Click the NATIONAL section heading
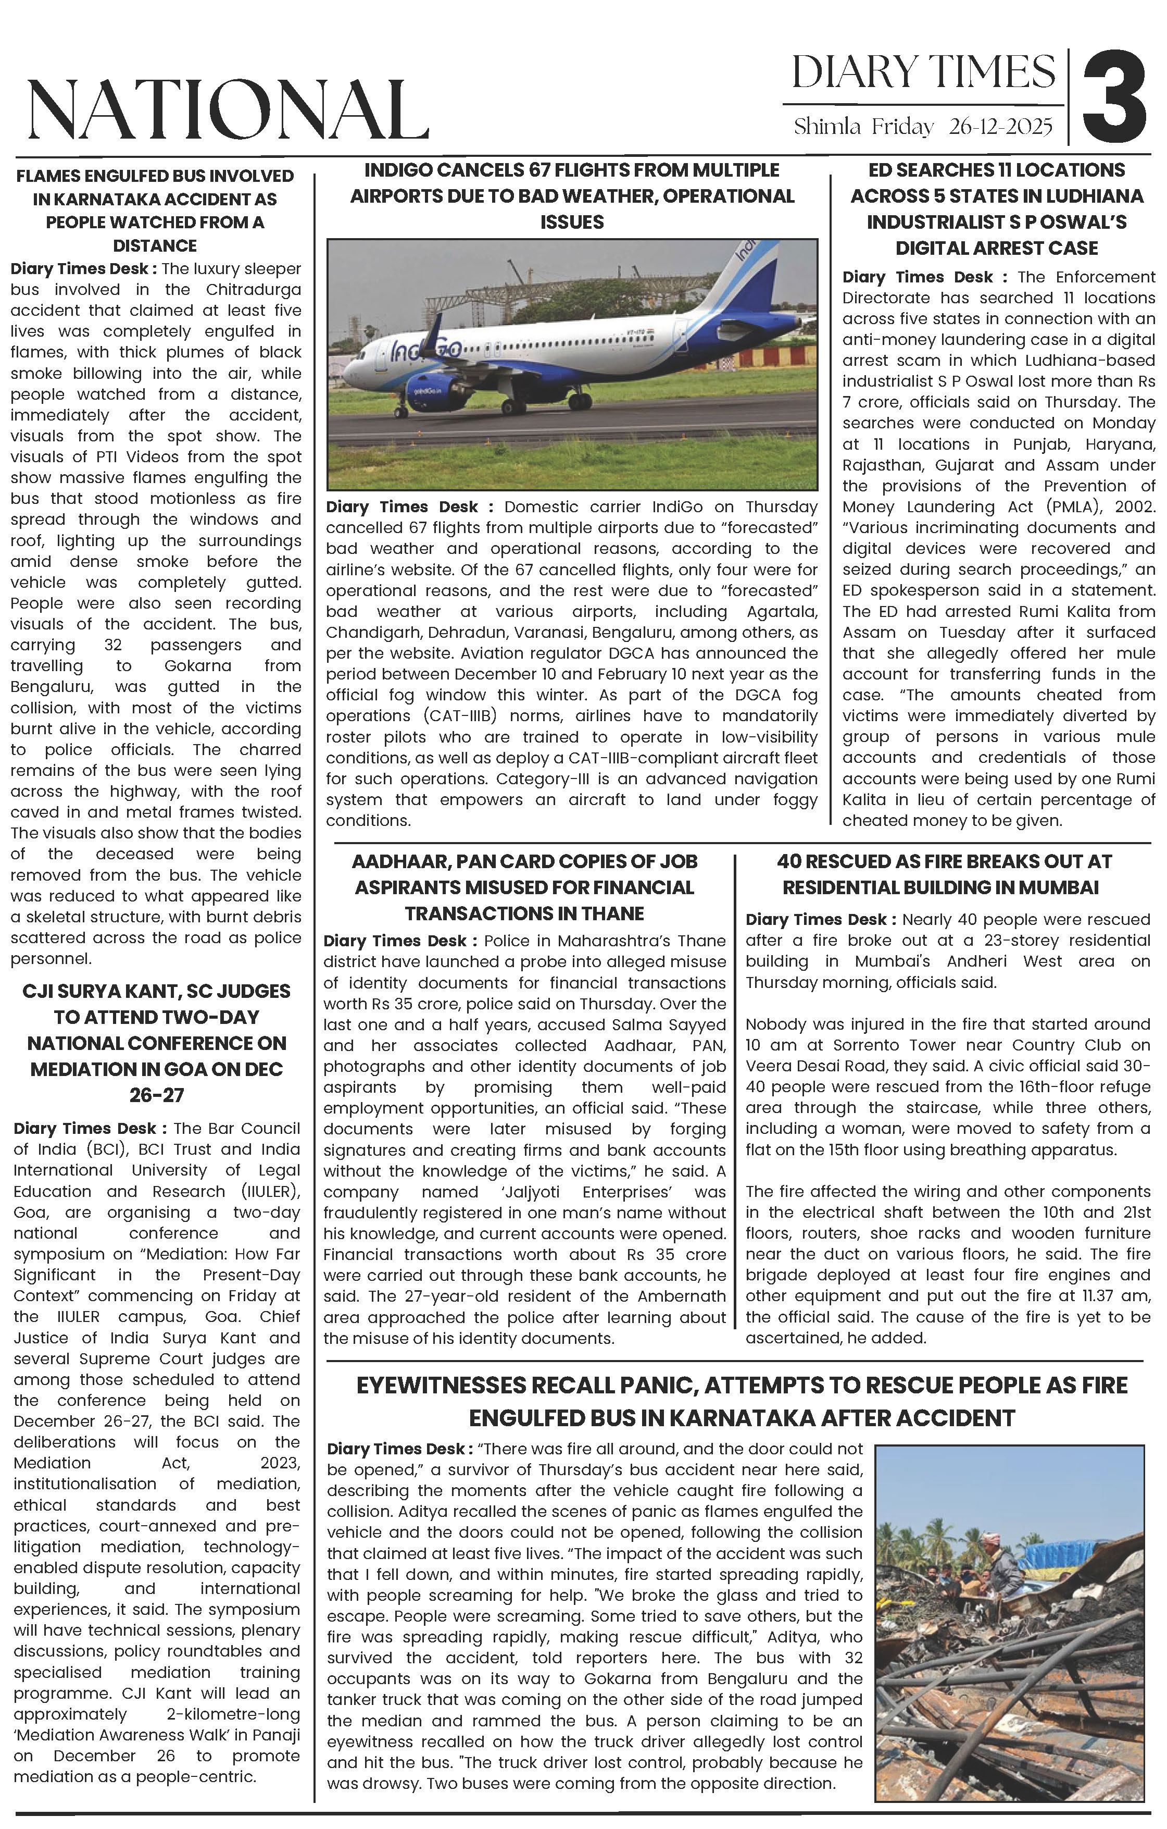[228, 110]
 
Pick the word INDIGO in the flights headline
[403, 170]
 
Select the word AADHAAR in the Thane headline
[399, 861]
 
